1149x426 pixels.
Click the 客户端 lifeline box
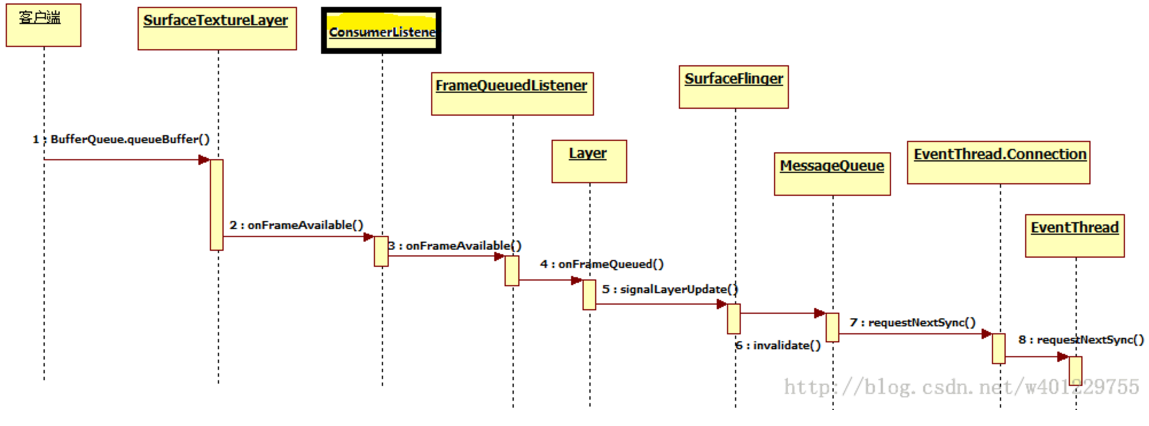44,25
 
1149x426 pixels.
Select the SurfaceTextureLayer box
217,29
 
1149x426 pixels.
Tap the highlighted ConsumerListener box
381,31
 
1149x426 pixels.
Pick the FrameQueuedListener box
512,94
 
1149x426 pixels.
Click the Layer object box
589,161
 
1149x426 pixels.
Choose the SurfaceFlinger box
733,87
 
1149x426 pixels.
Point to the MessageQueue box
832,174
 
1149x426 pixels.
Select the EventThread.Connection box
998,163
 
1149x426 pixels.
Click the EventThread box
1074,236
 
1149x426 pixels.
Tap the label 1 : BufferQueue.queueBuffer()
122,139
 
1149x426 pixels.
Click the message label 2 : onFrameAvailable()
296,225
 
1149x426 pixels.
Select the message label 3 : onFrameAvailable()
455,246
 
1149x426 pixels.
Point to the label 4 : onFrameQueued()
602,264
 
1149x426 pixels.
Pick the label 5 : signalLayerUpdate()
670,289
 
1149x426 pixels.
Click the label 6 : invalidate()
779,345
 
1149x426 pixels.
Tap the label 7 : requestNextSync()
913,322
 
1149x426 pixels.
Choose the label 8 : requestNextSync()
1081,340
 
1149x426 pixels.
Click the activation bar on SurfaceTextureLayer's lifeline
217,205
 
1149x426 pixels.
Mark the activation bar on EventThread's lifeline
1076,370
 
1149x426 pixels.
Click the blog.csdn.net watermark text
962,388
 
